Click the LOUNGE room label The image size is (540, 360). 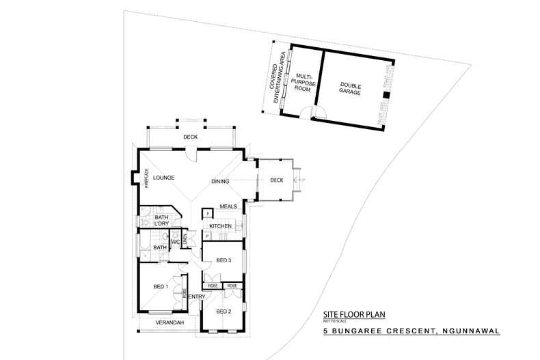click(x=164, y=178)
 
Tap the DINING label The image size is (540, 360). click(x=220, y=181)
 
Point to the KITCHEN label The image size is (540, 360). click(x=221, y=226)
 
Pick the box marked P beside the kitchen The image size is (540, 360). click(x=206, y=236)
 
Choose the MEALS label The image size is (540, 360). click(x=228, y=206)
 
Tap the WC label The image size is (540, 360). click(x=175, y=242)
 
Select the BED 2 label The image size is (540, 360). click(x=224, y=311)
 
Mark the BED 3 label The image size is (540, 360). click(x=224, y=260)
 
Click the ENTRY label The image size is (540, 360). click(x=197, y=296)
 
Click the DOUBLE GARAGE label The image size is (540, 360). click(x=351, y=88)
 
